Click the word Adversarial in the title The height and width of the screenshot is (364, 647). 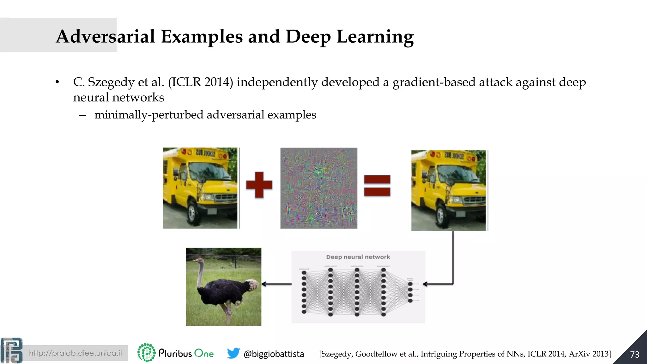[106, 36]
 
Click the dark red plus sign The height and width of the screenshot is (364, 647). [259, 185]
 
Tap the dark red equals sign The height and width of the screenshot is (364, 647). [377, 186]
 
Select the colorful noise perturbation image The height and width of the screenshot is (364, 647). [319, 188]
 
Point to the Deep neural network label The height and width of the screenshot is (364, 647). [358, 257]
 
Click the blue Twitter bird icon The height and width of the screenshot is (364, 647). [233, 353]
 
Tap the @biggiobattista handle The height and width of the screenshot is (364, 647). [274, 354]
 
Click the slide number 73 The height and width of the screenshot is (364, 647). [635, 355]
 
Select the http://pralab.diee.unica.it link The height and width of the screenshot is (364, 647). [76, 353]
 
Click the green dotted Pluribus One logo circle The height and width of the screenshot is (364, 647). [146, 352]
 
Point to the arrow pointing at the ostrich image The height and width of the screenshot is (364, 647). [276, 284]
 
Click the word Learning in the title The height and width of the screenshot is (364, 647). [375, 36]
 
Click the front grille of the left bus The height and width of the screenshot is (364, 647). [225, 197]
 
